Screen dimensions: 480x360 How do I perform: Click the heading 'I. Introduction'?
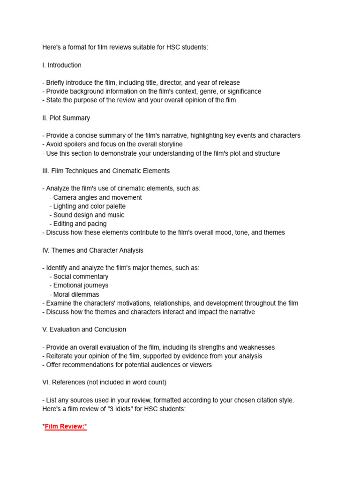point(62,65)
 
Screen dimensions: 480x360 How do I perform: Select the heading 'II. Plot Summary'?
point(66,118)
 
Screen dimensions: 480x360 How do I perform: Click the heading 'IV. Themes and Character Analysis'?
point(93,250)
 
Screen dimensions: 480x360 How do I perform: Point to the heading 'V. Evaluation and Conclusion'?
point(84,330)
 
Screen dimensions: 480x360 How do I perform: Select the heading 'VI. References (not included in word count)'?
point(104,382)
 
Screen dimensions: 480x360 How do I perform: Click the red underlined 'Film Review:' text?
point(66,427)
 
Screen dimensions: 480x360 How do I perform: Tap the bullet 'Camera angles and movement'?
point(97,197)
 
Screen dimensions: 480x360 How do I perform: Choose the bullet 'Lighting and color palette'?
point(89,206)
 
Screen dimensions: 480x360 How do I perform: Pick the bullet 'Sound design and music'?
point(89,215)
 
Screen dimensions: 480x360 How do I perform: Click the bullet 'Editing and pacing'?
point(80,224)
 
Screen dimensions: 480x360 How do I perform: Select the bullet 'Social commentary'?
point(81,277)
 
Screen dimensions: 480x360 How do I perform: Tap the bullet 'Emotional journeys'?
point(81,285)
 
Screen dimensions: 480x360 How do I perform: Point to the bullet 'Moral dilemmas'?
point(76,294)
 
